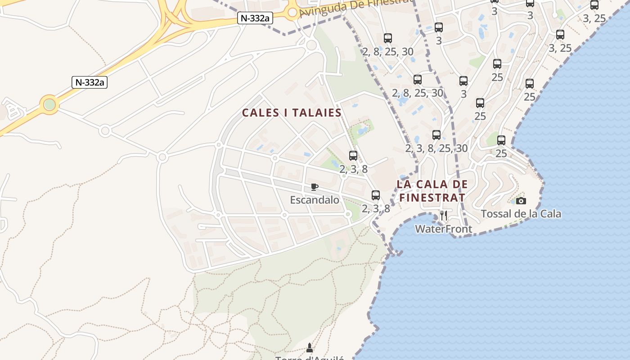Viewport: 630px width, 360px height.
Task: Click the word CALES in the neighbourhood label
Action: tap(261, 112)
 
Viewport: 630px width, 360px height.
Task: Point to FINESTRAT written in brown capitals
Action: tap(432, 198)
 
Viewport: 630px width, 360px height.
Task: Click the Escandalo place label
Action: tap(314, 200)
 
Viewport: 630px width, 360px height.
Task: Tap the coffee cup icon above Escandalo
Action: tap(315, 187)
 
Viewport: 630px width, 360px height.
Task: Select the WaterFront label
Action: tap(443, 229)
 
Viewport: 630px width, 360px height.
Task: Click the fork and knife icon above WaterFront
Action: tap(444, 216)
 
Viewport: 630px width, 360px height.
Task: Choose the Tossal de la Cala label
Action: tap(521, 214)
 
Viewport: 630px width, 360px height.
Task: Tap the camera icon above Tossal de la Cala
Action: tap(521, 201)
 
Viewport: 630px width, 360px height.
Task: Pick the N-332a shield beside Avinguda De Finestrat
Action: tap(255, 18)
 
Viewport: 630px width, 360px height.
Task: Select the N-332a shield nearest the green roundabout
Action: tap(90, 82)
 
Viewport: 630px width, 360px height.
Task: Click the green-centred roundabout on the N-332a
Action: tap(49, 104)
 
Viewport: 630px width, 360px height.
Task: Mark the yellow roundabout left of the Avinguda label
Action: tap(292, 12)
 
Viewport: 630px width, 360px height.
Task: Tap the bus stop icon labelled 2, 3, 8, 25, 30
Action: tap(436, 135)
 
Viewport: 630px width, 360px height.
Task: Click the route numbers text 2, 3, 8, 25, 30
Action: tap(436, 148)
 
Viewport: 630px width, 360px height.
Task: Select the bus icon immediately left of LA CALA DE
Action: tap(376, 195)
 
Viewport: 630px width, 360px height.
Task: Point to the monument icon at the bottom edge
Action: tap(309, 348)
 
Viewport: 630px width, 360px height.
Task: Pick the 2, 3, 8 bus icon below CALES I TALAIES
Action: tap(353, 156)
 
